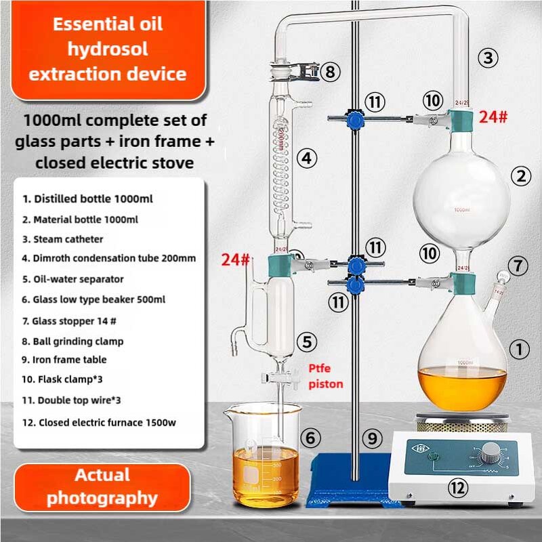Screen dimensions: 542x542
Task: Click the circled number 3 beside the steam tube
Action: pos(488,57)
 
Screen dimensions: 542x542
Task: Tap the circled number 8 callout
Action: pos(330,70)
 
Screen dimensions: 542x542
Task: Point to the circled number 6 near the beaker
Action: pos(310,438)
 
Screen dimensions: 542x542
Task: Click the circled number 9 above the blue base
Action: pos(372,438)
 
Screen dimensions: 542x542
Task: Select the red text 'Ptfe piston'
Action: pos(326,377)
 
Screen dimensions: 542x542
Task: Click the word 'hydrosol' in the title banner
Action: pos(108,49)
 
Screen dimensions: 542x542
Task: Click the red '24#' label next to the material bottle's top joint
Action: pos(493,117)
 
